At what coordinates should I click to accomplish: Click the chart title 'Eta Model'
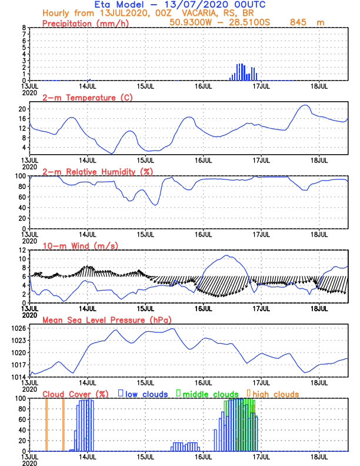click(x=114, y=5)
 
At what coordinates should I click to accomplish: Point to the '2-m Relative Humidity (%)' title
click(x=96, y=171)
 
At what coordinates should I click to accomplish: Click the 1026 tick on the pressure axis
click(x=19, y=328)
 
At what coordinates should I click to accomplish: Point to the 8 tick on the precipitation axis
click(x=24, y=28)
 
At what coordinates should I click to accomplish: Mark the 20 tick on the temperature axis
click(x=22, y=109)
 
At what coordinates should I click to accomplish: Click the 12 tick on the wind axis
click(x=22, y=250)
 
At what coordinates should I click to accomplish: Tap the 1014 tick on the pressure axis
click(x=19, y=377)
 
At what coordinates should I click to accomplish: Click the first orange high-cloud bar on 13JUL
click(x=46, y=425)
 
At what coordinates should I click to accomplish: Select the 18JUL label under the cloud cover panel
click(x=319, y=456)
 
